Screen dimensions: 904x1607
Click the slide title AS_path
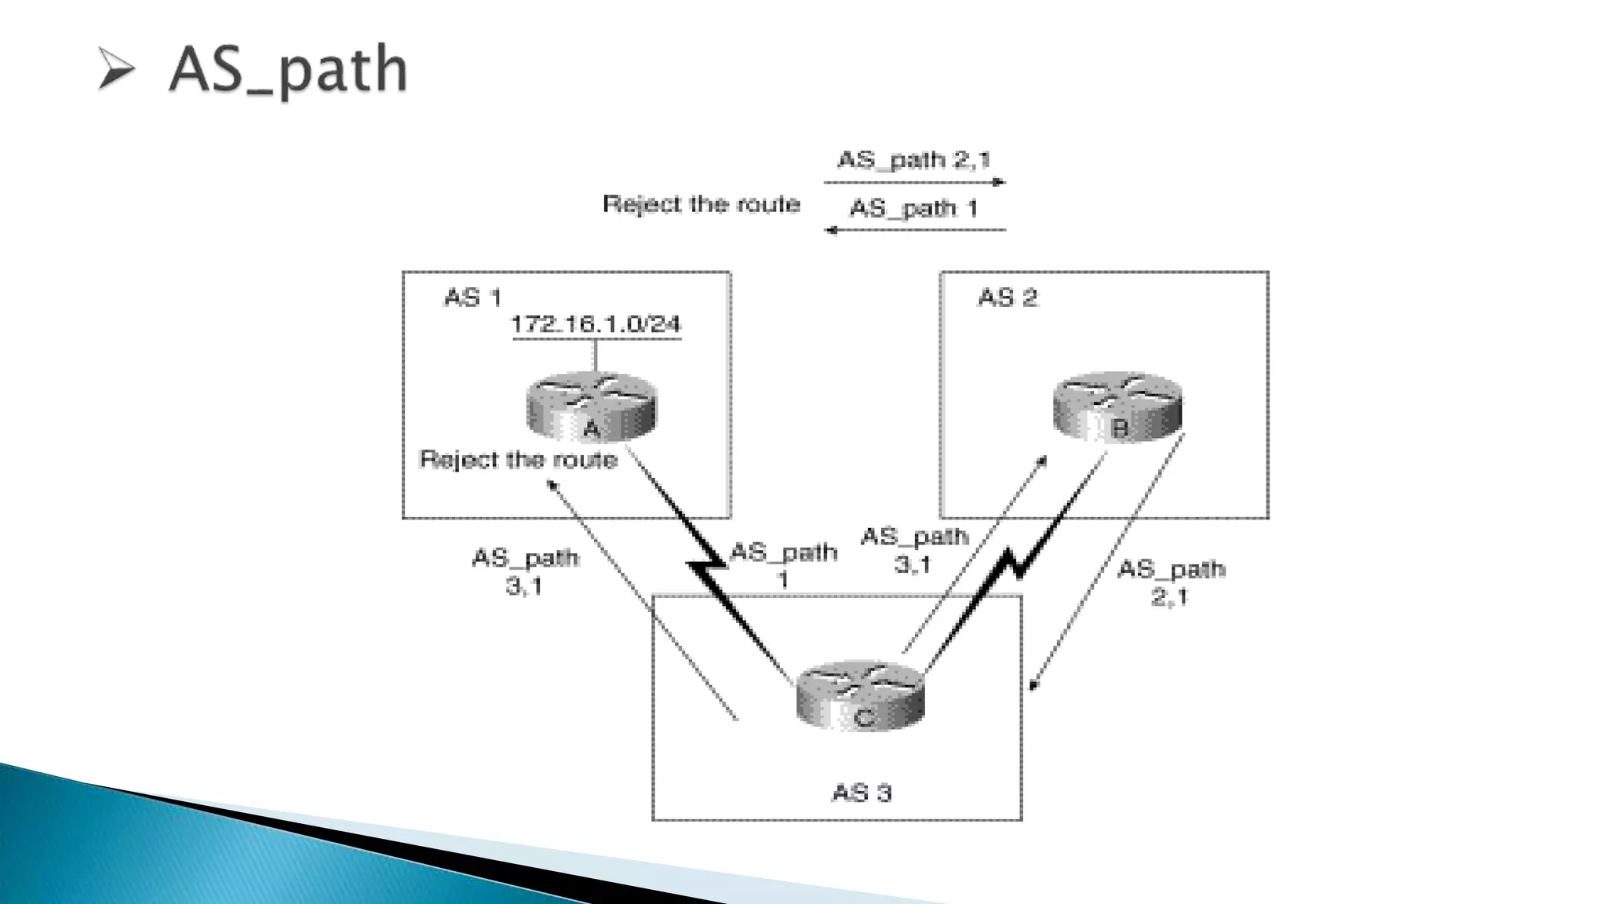(288, 71)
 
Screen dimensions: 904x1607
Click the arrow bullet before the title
(116, 69)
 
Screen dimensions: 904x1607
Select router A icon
(591, 406)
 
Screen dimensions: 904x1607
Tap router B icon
(1117, 406)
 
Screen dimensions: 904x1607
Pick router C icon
(861, 695)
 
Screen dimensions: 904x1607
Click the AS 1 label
(472, 297)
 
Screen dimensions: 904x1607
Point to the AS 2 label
(1008, 297)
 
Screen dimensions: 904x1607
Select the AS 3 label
(862, 793)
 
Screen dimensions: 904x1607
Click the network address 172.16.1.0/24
(596, 324)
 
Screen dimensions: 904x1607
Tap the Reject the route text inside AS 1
(519, 459)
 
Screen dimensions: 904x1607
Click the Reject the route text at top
(701, 204)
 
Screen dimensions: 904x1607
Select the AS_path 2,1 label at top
(914, 160)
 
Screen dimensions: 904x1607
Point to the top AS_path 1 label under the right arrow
(914, 209)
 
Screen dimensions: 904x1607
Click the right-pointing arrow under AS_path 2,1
(914, 182)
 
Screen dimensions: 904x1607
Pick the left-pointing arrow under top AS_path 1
(914, 230)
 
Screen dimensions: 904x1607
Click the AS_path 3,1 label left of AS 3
(525, 571)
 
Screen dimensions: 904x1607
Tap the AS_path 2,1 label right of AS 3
(1171, 582)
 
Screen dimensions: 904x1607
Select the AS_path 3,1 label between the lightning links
(914, 550)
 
